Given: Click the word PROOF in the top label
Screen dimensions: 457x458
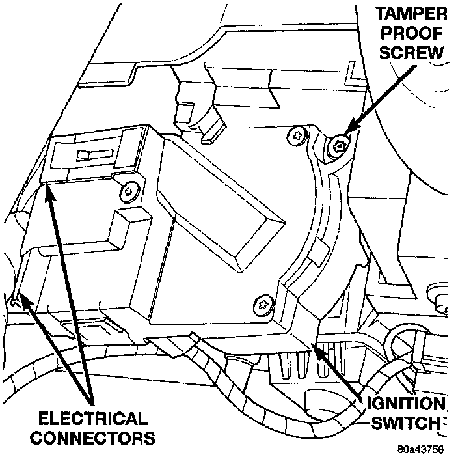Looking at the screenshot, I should pyautogui.click(x=414, y=35).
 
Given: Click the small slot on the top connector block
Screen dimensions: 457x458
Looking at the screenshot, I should pyautogui.click(x=86, y=156).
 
